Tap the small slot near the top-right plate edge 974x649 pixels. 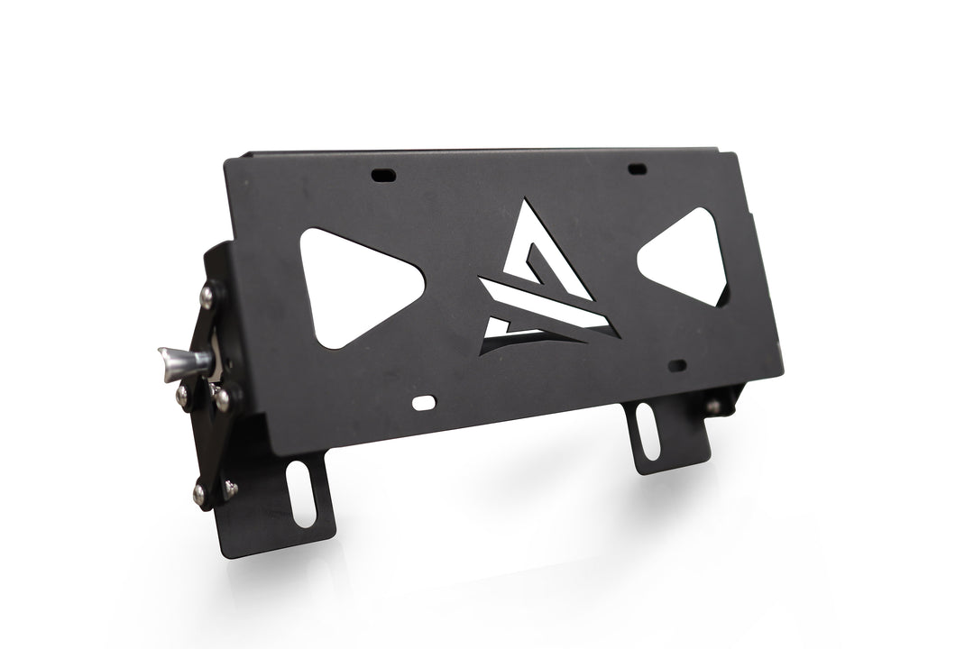point(637,169)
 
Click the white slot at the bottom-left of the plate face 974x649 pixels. point(421,403)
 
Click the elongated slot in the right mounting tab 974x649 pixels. point(648,430)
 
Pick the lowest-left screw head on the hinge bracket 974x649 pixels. point(198,491)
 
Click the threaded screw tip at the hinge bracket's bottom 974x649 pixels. point(231,488)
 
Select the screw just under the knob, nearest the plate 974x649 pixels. point(222,394)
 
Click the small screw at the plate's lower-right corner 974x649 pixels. point(712,407)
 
